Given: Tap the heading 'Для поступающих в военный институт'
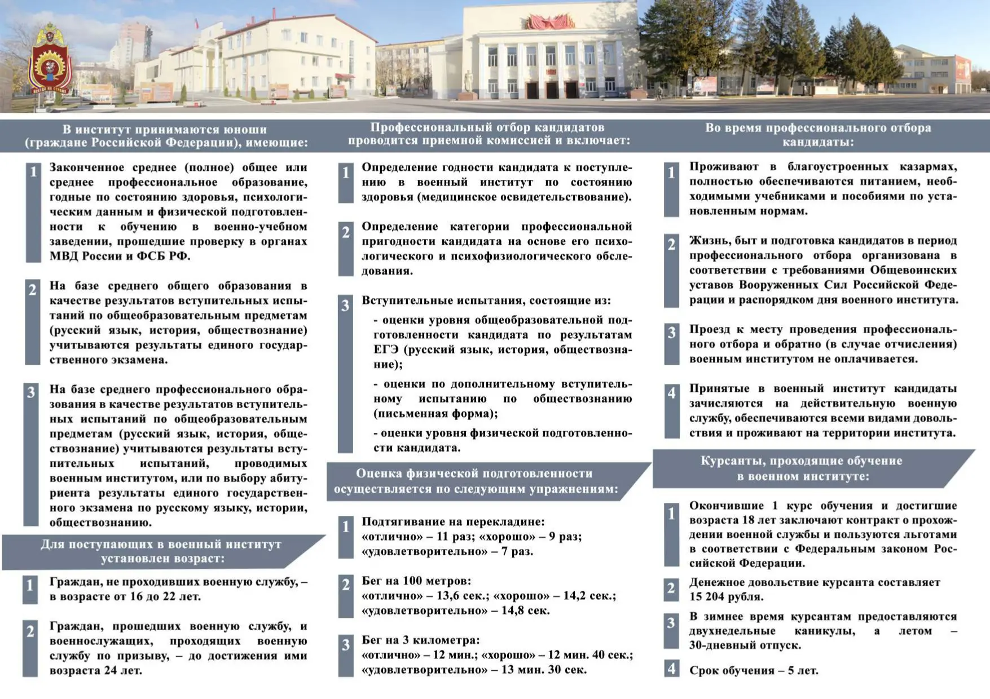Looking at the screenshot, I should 161,545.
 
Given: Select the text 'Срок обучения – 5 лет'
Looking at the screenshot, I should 753,670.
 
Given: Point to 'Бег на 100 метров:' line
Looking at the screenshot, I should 416,581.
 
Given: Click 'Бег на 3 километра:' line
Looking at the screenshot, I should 421,640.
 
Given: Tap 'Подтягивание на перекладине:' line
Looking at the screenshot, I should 453,521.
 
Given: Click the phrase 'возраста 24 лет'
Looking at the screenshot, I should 95,670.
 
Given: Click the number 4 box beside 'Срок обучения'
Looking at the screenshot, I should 671,669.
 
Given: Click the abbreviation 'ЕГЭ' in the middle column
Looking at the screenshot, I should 386,349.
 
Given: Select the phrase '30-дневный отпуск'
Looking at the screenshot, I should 745,645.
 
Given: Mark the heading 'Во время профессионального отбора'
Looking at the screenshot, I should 818,128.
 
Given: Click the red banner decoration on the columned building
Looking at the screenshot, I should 549,23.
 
